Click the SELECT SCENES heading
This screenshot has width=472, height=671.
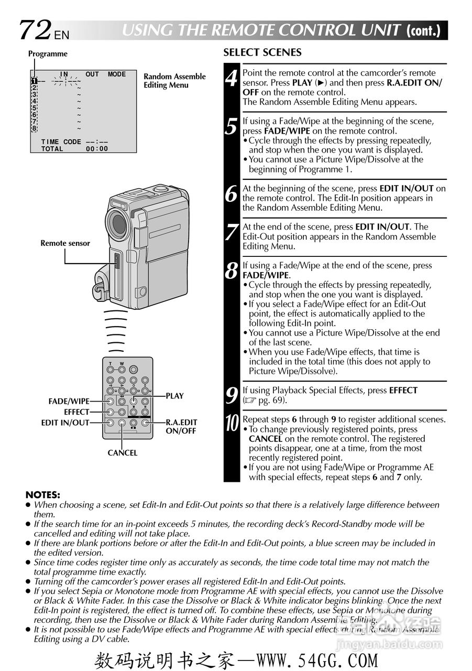(x=262, y=52)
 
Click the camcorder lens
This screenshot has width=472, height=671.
(x=118, y=223)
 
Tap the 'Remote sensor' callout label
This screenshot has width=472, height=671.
(x=65, y=243)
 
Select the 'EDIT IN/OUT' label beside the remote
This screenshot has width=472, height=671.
(x=65, y=423)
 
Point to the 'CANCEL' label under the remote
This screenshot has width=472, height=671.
(x=123, y=453)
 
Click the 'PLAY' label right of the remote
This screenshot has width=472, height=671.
(x=175, y=396)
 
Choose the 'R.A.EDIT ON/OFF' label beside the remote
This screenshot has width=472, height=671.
(x=181, y=426)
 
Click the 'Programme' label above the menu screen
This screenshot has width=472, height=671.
(x=48, y=54)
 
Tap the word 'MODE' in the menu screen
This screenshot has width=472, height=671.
(x=117, y=74)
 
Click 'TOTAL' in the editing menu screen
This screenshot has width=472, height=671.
(x=52, y=149)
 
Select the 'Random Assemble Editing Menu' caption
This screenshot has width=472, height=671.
(x=174, y=81)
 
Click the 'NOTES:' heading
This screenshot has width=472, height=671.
(x=43, y=494)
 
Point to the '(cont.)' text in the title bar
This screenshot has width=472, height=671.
(x=423, y=30)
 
